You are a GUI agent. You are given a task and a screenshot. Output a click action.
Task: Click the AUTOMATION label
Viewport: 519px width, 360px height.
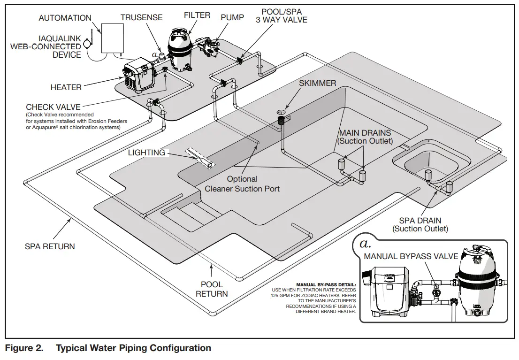point(65,18)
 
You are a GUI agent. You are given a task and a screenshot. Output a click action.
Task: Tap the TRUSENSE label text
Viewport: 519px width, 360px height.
point(141,17)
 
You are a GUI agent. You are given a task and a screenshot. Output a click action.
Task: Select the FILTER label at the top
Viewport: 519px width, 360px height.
point(197,15)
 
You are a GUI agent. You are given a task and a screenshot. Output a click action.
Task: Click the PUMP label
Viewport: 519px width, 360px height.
point(232,17)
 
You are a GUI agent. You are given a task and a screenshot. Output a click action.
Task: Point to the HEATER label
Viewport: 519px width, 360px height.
point(66,87)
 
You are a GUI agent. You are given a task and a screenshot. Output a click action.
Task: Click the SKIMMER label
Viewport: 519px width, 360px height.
point(318,83)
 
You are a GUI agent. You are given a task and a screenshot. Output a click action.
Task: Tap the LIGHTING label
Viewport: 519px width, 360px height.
point(146,153)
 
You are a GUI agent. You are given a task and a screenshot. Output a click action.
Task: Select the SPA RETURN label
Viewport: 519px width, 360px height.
point(50,246)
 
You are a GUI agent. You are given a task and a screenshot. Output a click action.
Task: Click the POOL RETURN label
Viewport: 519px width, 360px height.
point(212,289)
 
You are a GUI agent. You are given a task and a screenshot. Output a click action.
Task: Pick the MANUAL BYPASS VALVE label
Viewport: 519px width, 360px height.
point(411,256)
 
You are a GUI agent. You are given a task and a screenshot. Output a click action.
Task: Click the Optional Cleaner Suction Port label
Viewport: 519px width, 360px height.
point(242,184)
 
